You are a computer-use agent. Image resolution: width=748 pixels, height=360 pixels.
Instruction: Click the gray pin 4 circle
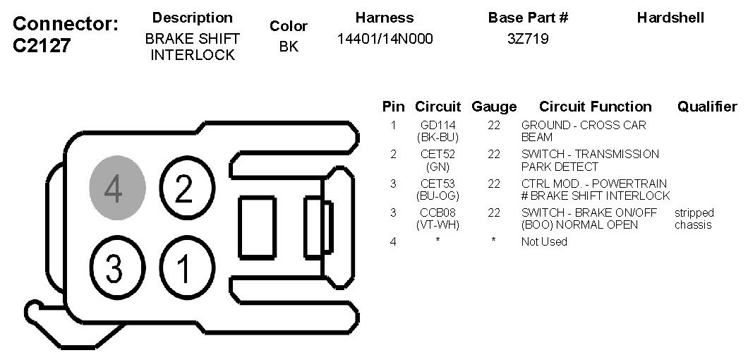(117, 188)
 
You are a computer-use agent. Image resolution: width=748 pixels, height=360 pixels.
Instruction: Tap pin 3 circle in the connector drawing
(114, 268)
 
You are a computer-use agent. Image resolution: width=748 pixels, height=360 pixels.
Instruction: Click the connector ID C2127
(42, 46)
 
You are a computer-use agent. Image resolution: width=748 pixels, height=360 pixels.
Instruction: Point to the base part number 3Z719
(528, 39)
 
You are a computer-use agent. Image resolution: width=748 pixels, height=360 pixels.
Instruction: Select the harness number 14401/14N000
(385, 39)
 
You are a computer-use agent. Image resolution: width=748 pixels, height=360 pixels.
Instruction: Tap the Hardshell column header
(670, 18)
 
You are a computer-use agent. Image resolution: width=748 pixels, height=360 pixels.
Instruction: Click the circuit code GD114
(438, 126)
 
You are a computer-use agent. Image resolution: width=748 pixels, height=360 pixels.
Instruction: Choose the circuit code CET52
(438, 155)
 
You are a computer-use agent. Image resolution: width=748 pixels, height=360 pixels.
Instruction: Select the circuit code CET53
(438, 184)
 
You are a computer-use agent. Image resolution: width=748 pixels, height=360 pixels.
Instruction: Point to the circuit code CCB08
(438, 212)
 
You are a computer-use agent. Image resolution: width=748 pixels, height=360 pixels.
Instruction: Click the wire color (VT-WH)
(438, 225)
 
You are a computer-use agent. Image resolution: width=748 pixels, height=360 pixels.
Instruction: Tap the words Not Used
(544, 241)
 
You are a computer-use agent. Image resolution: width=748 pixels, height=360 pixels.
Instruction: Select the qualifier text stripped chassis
(694, 219)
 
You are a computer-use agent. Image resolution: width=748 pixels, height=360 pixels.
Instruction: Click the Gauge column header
(494, 107)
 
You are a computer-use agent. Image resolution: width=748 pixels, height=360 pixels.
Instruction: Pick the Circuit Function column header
(596, 107)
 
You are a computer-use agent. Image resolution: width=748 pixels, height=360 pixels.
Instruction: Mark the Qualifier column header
(707, 107)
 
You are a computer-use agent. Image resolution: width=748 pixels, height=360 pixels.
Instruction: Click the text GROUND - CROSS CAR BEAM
(584, 131)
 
